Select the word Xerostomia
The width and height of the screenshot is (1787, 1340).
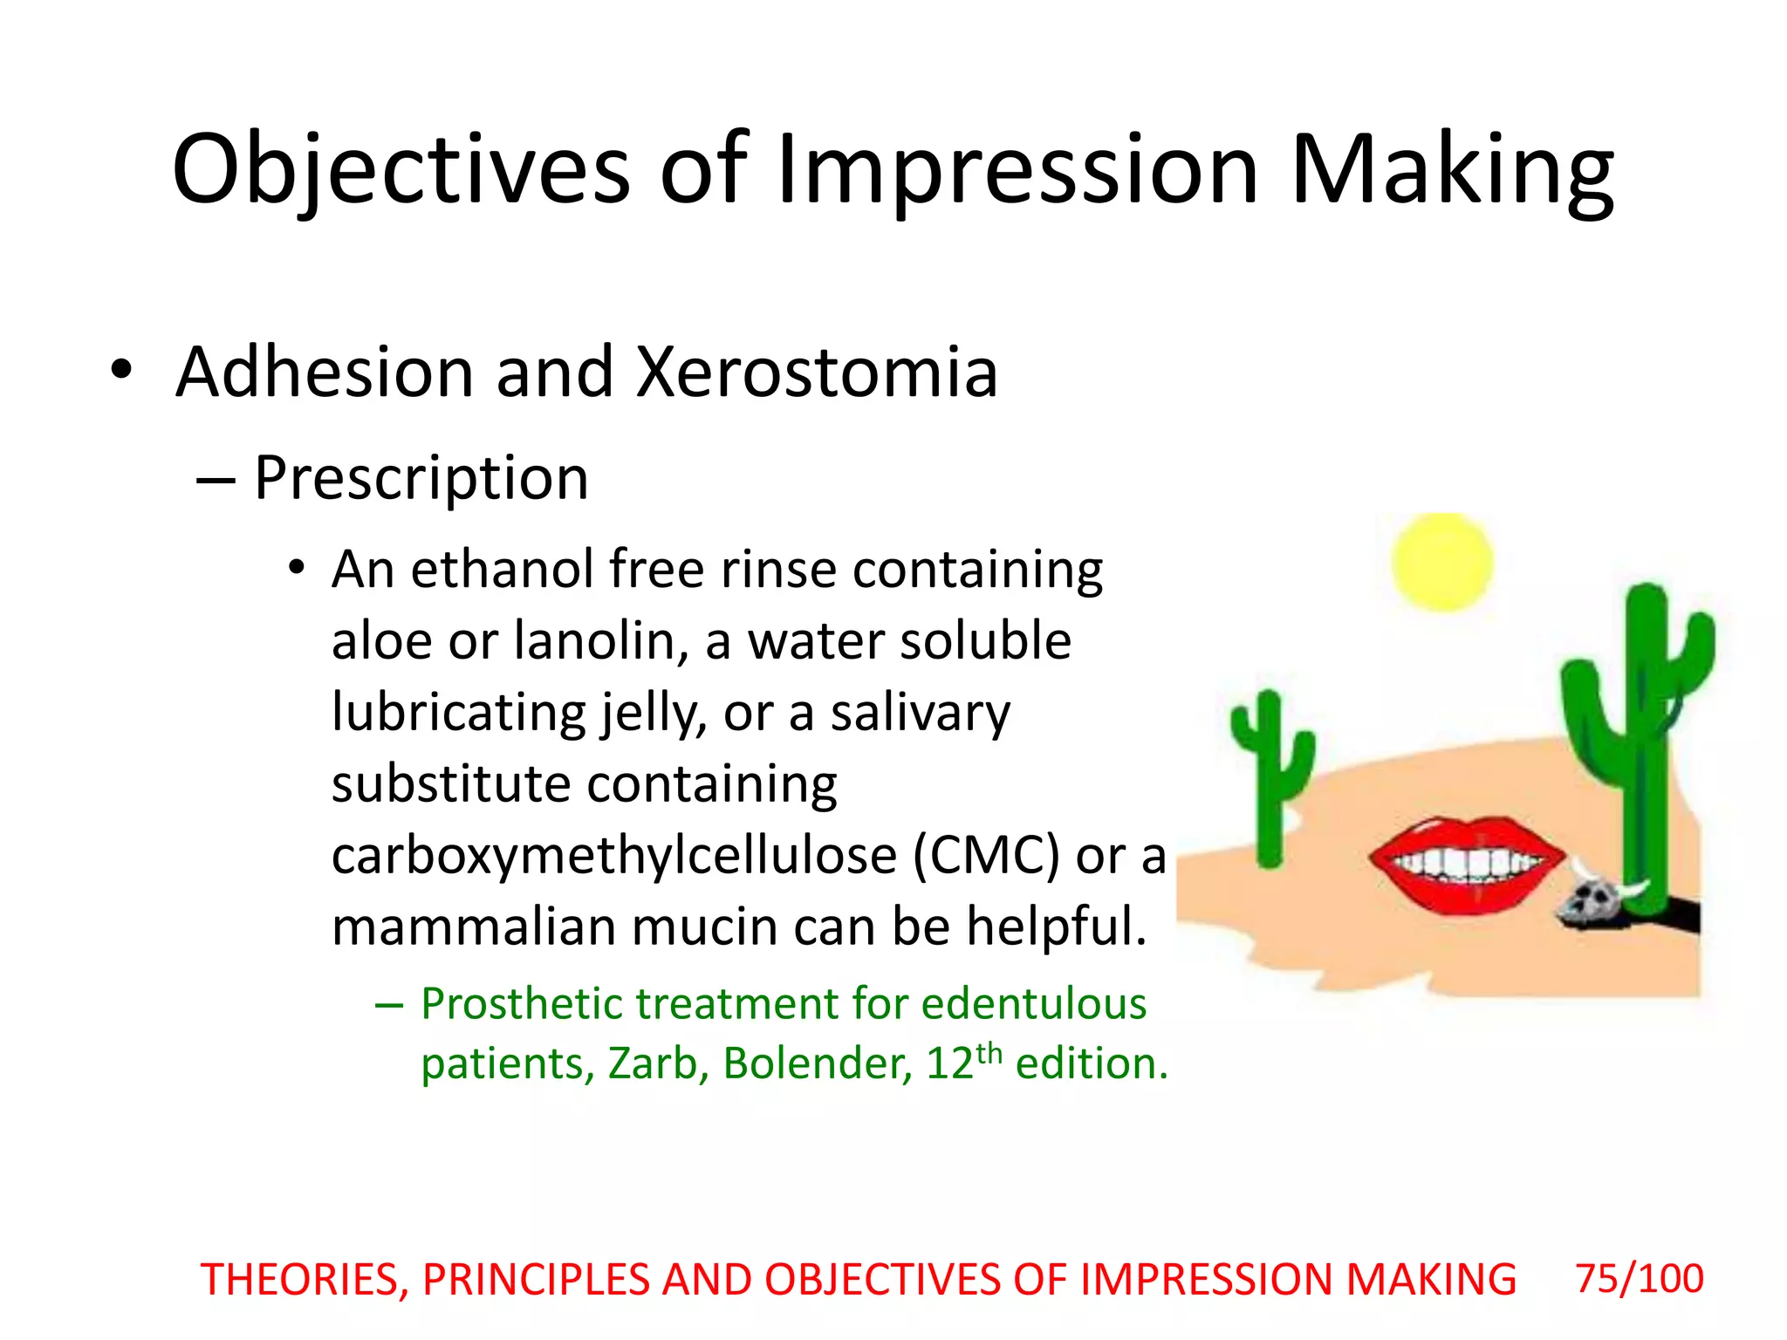(817, 373)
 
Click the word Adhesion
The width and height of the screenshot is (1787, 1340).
(325, 373)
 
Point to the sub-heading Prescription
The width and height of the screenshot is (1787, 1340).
(421, 478)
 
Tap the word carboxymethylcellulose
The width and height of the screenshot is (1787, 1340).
(613, 856)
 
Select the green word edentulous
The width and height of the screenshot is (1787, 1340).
(1033, 1004)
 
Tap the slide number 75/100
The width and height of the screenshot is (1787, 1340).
(1639, 1279)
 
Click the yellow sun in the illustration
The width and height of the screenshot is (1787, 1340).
(1441, 563)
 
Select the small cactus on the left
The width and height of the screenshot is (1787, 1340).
(1270, 776)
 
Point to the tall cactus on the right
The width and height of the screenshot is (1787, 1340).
(1640, 742)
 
